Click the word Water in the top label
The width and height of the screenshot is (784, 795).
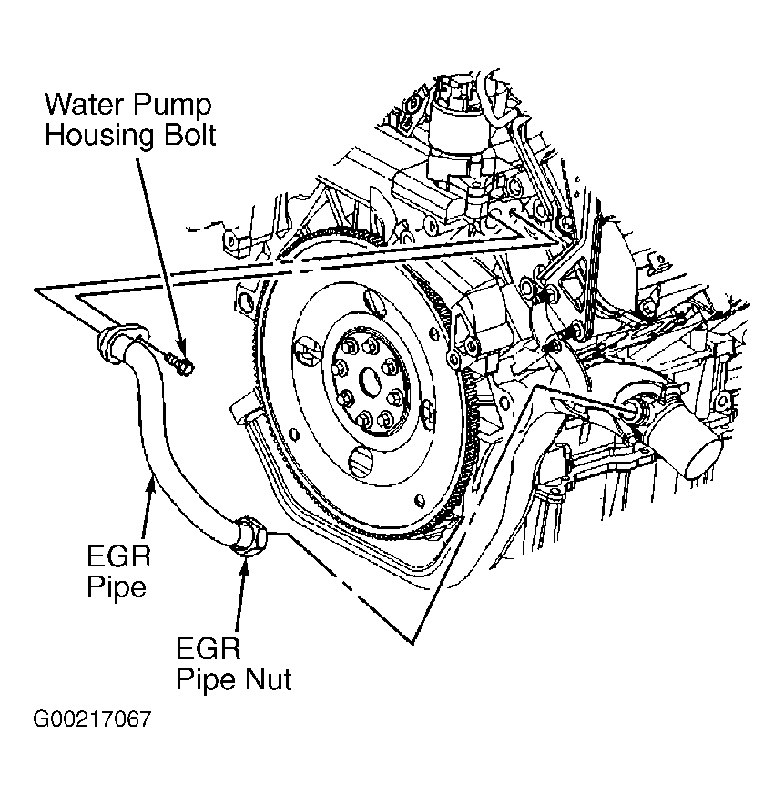pos(84,105)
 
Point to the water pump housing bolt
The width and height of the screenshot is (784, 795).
pos(180,363)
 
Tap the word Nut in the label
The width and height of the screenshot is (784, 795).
pos(269,679)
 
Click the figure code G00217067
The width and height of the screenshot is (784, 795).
pos(92,719)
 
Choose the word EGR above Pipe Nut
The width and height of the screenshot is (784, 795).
pos(209,648)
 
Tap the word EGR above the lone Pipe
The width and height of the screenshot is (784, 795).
pos(119,556)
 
